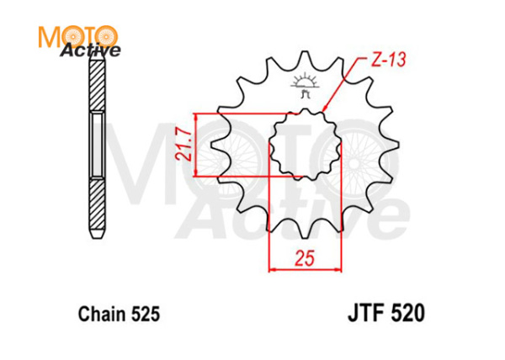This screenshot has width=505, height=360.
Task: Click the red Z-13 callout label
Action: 389,60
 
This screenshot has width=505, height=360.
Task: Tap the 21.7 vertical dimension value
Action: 183,145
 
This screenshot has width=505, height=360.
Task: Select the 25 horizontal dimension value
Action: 305,258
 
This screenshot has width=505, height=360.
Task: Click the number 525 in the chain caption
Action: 146,314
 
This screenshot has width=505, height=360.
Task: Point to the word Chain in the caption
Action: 103,314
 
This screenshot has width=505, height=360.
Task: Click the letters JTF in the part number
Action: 366,313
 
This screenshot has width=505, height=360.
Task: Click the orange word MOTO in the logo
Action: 78,37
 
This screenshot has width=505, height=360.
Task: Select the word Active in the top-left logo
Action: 91,50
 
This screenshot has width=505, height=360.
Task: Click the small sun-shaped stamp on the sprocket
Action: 305,85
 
